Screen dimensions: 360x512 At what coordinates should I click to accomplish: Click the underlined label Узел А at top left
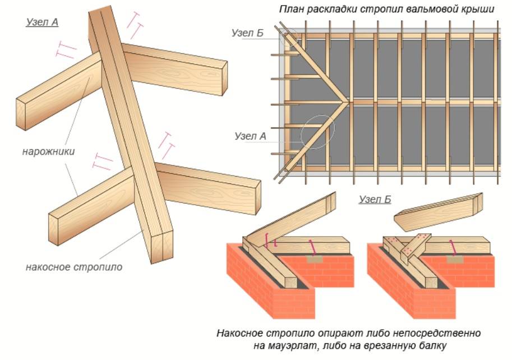pos(42,23)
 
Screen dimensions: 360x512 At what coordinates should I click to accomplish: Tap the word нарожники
pos(49,151)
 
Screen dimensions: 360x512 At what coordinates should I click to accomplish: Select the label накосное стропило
pos(73,267)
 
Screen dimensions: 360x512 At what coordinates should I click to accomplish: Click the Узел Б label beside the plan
pos(248,33)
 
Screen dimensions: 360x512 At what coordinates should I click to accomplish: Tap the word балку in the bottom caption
pos(431,345)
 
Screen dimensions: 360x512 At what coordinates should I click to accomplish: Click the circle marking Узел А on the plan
pos(317,132)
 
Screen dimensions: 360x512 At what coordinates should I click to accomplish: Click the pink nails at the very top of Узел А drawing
pos(134,20)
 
